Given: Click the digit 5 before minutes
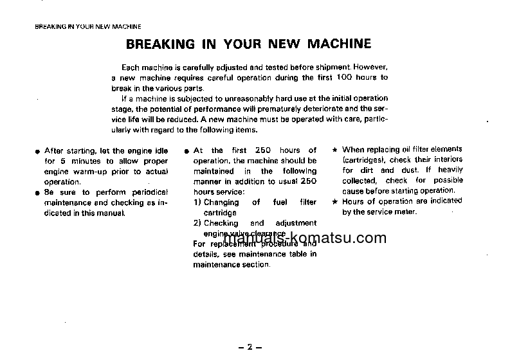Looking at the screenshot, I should [x=63, y=161].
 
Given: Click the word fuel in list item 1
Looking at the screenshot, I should [x=280, y=202].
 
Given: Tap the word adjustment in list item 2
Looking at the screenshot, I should [x=295, y=223].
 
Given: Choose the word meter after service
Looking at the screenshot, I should [x=406, y=212].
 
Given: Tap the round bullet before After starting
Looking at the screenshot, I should [x=38, y=152].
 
